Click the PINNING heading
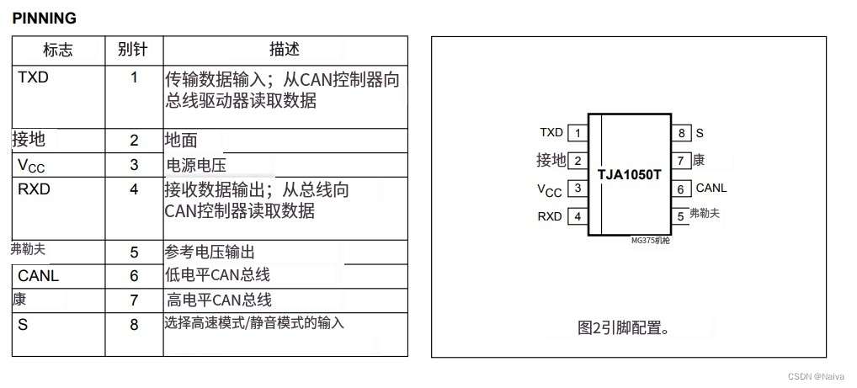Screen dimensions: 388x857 (x=44, y=18)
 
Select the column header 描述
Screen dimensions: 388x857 (x=284, y=50)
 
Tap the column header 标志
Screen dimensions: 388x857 (x=57, y=50)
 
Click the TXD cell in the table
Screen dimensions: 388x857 (x=34, y=77)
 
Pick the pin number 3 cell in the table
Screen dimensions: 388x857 (x=134, y=166)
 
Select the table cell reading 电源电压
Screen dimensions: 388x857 (x=197, y=166)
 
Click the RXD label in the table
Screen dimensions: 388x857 (x=34, y=189)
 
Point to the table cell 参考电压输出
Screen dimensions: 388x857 (x=210, y=252)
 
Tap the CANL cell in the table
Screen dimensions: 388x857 (x=39, y=276)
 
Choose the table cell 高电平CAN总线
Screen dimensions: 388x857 (x=219, y=300)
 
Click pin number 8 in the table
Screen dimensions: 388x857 (x=134, y=324)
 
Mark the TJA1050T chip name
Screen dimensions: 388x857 (x=630, y=174)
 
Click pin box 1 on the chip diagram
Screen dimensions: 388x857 (x=578, y=133)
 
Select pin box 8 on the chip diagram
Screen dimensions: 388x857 (x=681, y=133)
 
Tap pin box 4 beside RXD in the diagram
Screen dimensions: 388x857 (x=578, y=216)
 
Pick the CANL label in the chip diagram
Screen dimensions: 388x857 (x=711, y=189)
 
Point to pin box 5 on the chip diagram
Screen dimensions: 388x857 (x=681, y=216)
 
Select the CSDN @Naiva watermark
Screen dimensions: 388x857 (x=818, y=378)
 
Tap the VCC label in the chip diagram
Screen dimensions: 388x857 (x=549, y=189)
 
